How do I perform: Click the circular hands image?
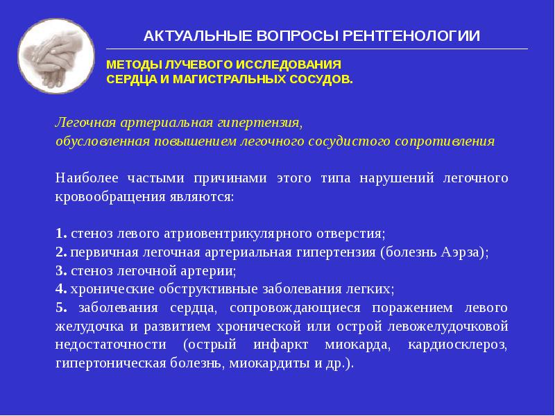pyautogui.click(x=56, y=57)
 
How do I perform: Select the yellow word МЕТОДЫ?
pyautogui.click(x=133, y=64)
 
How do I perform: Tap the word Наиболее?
pyautogui.click(x=82, y=178)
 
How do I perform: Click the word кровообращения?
pyautogui.click(x=101, y=197)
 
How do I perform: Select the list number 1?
pyautogui.click(x=60, y=233)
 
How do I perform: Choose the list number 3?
pyautogui.click(x=60, y=270)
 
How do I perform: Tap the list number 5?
pyautogui.click(x=60, y=307)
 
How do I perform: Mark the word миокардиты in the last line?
pyautogui.click(x=262, y=363)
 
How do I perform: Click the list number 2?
pyautogui.click(x=60, y=252)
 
